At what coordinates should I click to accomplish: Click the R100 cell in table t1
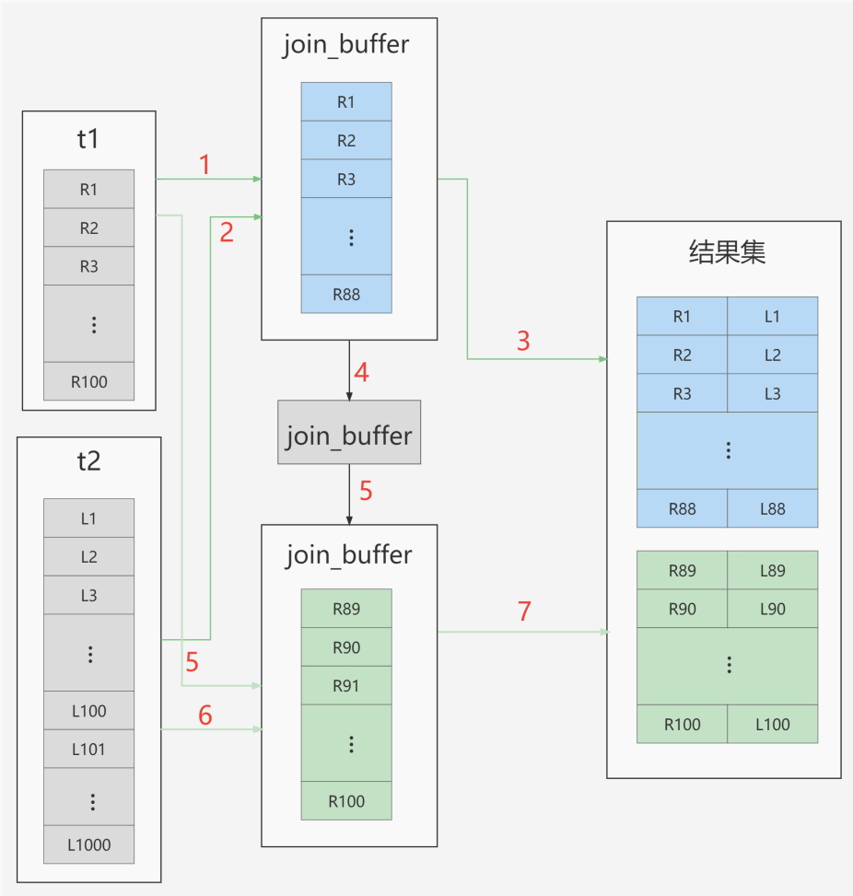point(89,381)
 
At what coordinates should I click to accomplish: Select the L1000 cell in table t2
point(89,844)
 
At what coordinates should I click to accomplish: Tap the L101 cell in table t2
point(89,749)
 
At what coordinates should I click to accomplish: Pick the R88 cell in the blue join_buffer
point(346,294)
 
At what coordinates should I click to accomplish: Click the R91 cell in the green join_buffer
point(346,685)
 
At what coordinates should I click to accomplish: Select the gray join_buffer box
point(349,432)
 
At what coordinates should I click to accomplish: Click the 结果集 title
point(727,252)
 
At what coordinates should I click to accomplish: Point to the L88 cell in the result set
point(772,508)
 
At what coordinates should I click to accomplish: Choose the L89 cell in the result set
point(772,570)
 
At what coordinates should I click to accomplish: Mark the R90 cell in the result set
point(682,609)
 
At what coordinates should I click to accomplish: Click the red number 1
point(204,165)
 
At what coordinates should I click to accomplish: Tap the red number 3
point(523,341)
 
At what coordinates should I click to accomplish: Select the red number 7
point(524,611)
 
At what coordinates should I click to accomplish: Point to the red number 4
point(361,373)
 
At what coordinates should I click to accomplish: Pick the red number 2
point(227,233)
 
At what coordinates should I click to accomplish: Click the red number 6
point(205,715)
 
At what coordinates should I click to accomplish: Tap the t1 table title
point(88,139)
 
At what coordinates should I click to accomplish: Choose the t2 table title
point(88,461)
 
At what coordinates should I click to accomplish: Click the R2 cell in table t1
point(89,227)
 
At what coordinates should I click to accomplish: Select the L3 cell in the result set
point(772,393)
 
